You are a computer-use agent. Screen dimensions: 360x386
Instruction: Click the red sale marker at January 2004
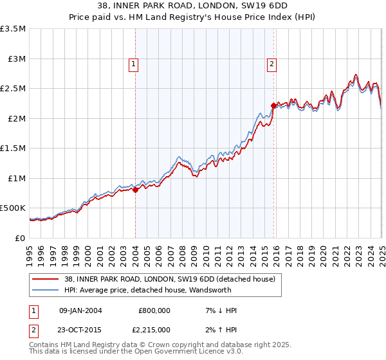136,190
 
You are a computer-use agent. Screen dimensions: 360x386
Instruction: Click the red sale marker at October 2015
274,105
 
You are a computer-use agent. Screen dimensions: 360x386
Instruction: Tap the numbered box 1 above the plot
133,63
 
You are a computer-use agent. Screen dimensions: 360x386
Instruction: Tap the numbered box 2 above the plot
271,63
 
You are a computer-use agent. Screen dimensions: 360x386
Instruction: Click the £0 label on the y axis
21,239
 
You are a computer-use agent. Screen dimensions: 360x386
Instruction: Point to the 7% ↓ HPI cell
219,310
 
